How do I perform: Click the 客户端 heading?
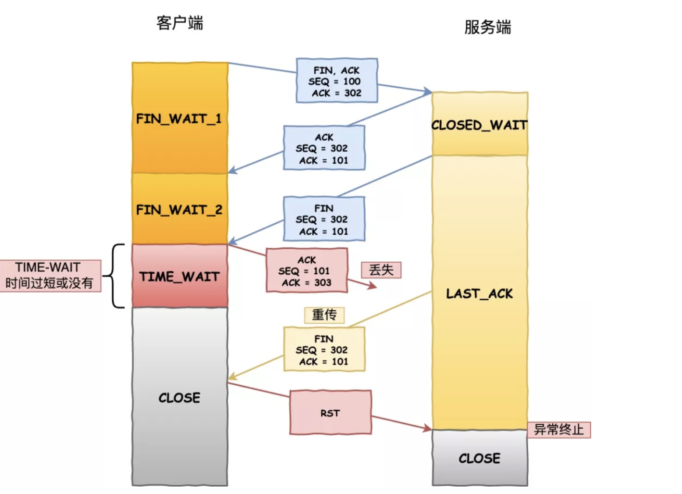(180, 23)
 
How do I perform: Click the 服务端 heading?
(487, 27)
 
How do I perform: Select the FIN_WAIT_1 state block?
(180, 118)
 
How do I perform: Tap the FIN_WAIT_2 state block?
(180, 209)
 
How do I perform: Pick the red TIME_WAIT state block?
(180, 276)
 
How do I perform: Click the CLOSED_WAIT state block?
(480, 125)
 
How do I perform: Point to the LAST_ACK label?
(480, 294)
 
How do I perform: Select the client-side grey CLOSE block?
(180, 397)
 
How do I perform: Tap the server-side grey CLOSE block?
(480, 458)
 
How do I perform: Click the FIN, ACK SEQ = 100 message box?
(337, 81)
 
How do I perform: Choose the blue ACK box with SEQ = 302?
(324, 148)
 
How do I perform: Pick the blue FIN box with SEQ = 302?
(324, 219)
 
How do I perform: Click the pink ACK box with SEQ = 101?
(306, 271)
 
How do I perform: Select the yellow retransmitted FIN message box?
(324, 350)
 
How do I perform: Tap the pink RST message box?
(330, 413)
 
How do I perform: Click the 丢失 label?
(381, 270)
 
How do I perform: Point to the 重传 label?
(324, 315)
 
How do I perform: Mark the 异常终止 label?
(559, 430)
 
